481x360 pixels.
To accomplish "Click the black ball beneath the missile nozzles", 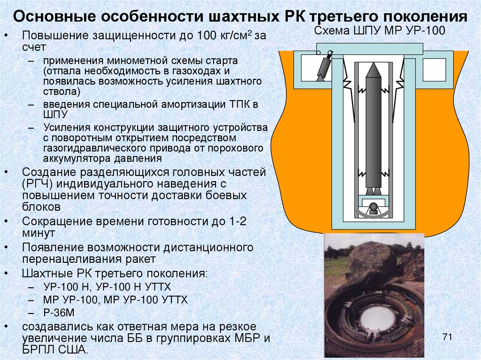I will tap(373, 207).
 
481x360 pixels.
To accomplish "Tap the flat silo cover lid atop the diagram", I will tap(369, 48).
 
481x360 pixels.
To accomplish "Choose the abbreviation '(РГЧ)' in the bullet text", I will tap(37, 184).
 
